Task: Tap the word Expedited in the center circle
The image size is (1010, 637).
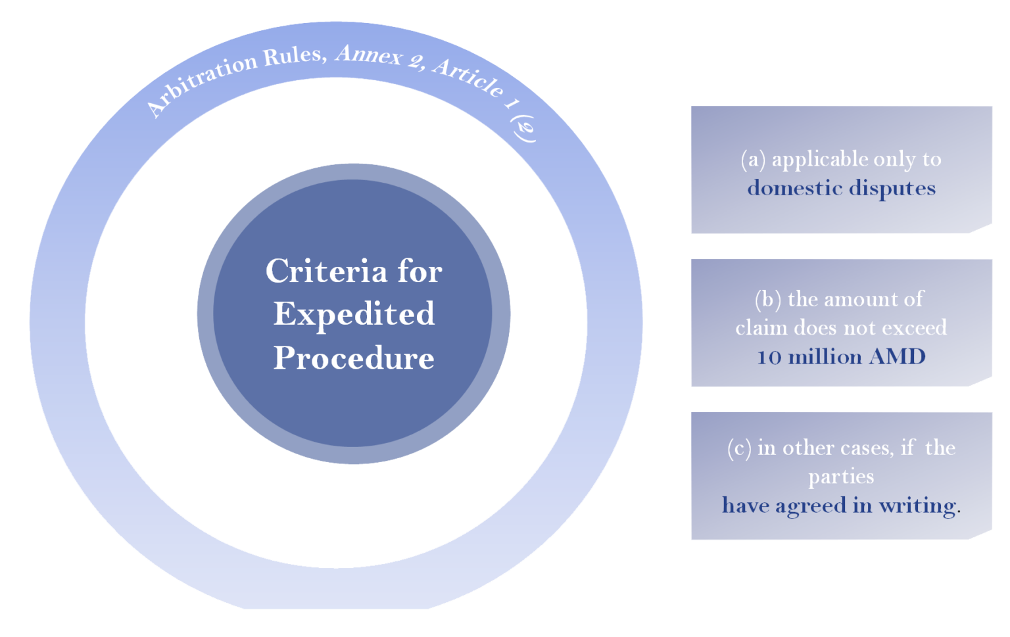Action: click(x=354, y=314)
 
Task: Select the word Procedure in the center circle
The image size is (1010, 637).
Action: click(x=354, y=358)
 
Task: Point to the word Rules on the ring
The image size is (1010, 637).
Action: click(x=294, y=56)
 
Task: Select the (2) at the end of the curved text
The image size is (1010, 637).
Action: click(x=524, y=128)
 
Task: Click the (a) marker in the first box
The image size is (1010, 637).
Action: click(x=754, y=159)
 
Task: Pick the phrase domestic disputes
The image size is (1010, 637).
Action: click(x=841, y=188)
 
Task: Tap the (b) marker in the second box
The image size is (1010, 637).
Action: click(x=768, y=299)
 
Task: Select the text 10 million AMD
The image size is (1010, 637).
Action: click(x=841, y=357)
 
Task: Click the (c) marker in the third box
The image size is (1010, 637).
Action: click(x=739, y=448)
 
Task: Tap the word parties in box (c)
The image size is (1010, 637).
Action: click(x=841, y=477)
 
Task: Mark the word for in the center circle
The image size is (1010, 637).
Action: click(x=420, y=271)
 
